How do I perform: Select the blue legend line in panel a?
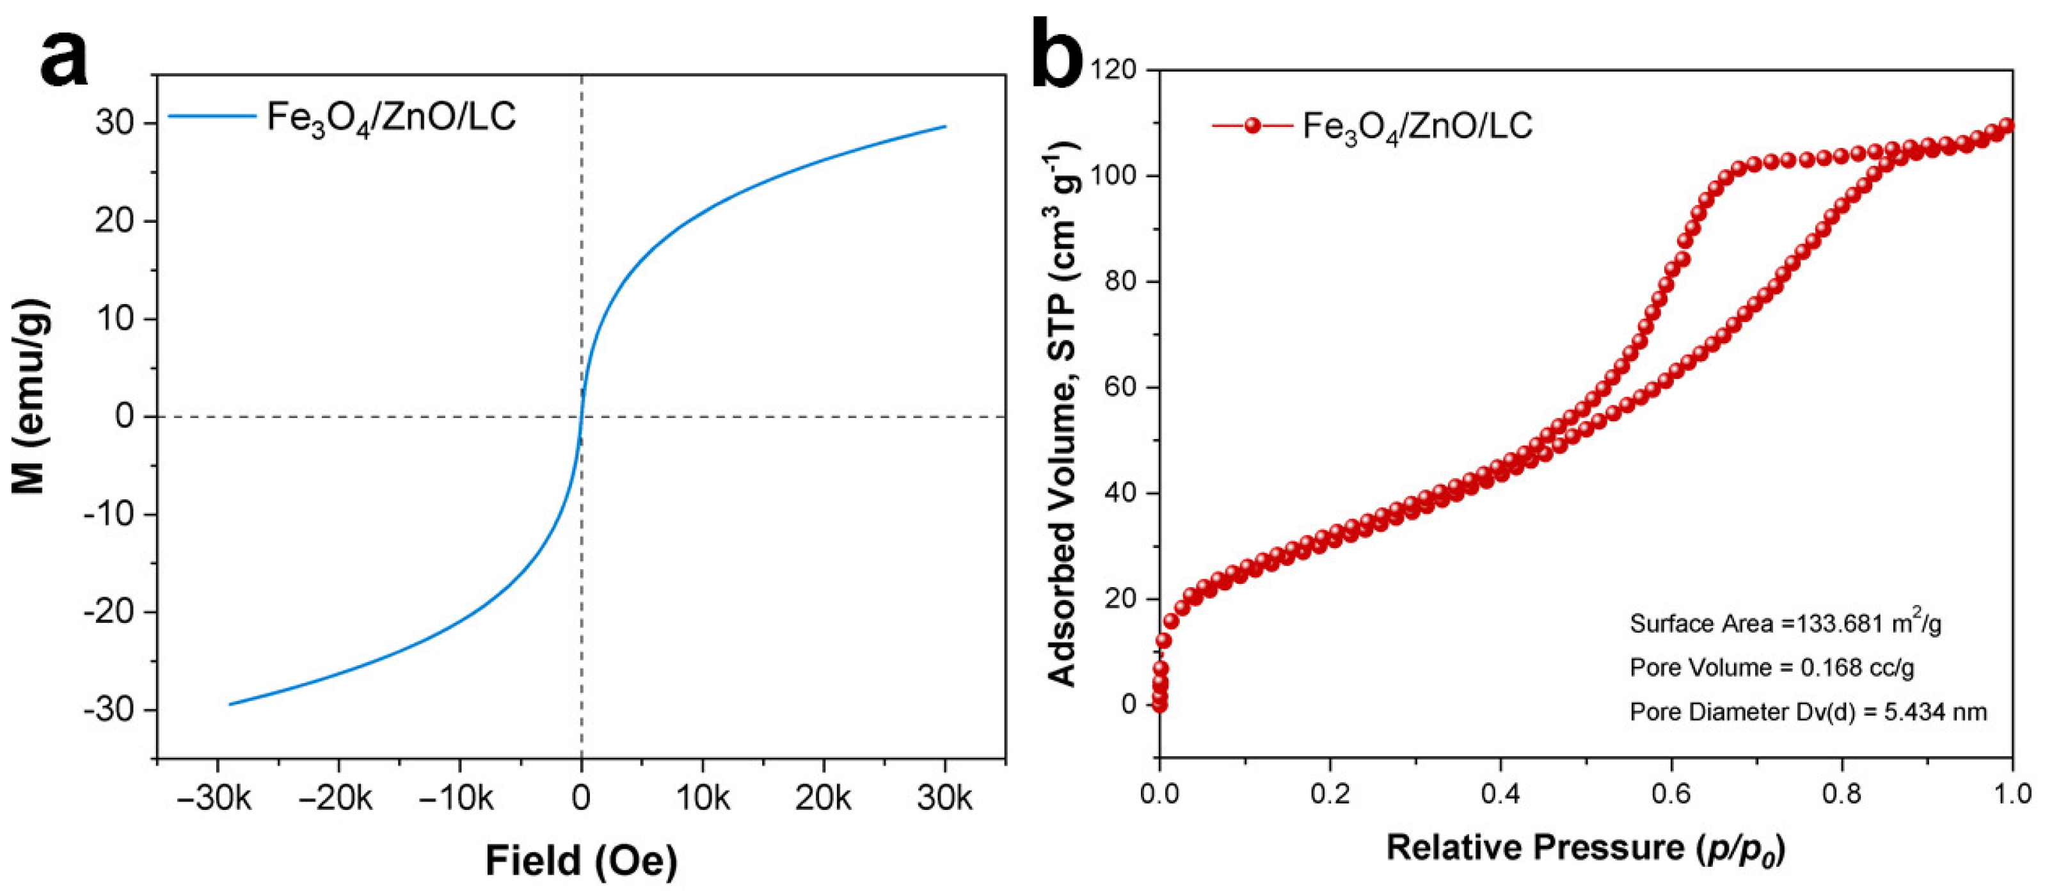tap(212, 116)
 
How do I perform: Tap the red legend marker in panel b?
tap(1252, 125)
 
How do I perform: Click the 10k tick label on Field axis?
tap(703, 797)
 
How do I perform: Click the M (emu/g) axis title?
tap(30, 396)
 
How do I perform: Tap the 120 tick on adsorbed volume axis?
tap(1115, 70)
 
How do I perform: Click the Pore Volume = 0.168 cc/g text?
tap(1771, 668)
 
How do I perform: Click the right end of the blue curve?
tap(944, 126)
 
